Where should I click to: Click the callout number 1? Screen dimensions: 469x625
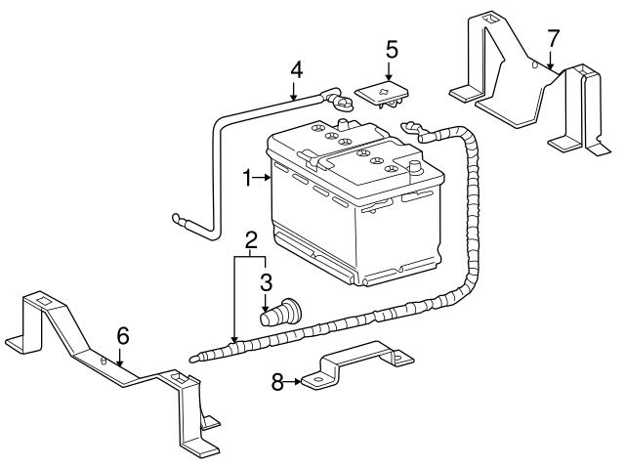pos(247,178)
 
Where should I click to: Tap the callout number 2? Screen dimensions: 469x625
pos(251,239)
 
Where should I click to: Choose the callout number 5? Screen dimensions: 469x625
pos(392,48)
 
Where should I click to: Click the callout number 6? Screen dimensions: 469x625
pos(122,336)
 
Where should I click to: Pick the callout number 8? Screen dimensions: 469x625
pos(277,383)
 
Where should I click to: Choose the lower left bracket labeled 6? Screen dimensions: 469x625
pos(117,371)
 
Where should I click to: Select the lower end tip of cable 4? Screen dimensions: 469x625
pos(176,218)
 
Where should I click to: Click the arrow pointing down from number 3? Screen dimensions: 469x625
pos(266,303)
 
